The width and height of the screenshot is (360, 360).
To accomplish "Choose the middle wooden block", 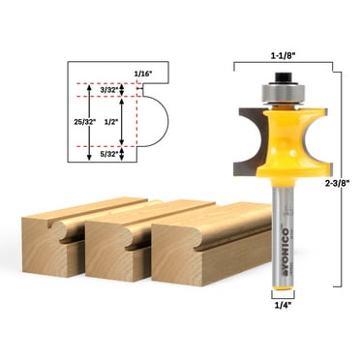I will coord(126,247).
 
